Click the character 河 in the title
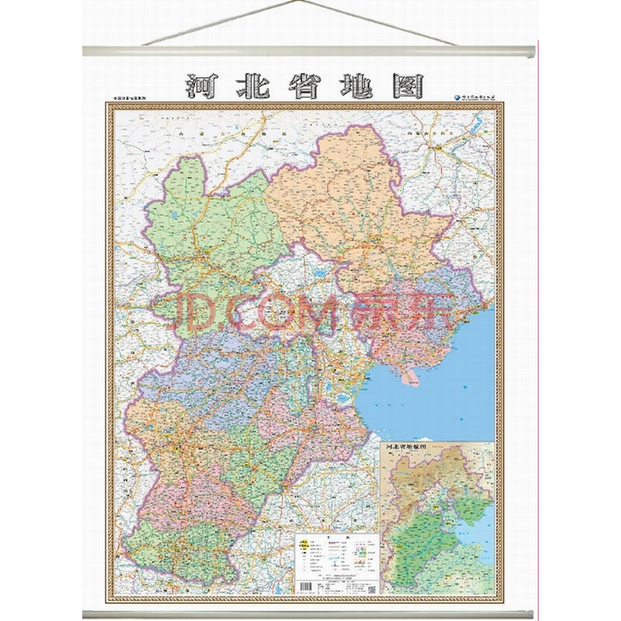point(200,86)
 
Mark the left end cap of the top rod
point(86,51)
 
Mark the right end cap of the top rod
point(533,51)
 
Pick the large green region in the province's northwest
point(213,233)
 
